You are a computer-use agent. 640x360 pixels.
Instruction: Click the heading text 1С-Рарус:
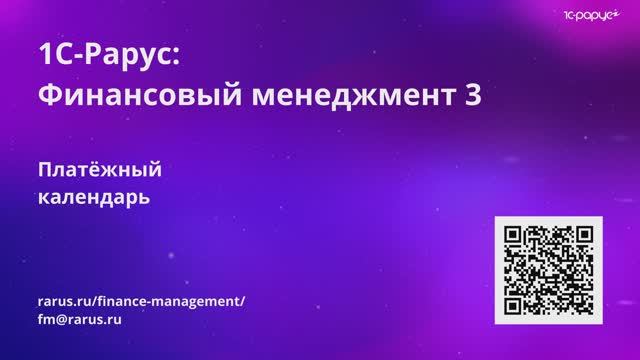(x=107, y=54)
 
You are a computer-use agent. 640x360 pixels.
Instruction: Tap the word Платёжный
(x=99, y=169)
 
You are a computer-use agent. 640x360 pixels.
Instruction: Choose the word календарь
(x=93, y=197)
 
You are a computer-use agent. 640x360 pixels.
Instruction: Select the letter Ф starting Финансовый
(x=47, y=96)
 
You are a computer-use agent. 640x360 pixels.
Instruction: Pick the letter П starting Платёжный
(x=44, y=169)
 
